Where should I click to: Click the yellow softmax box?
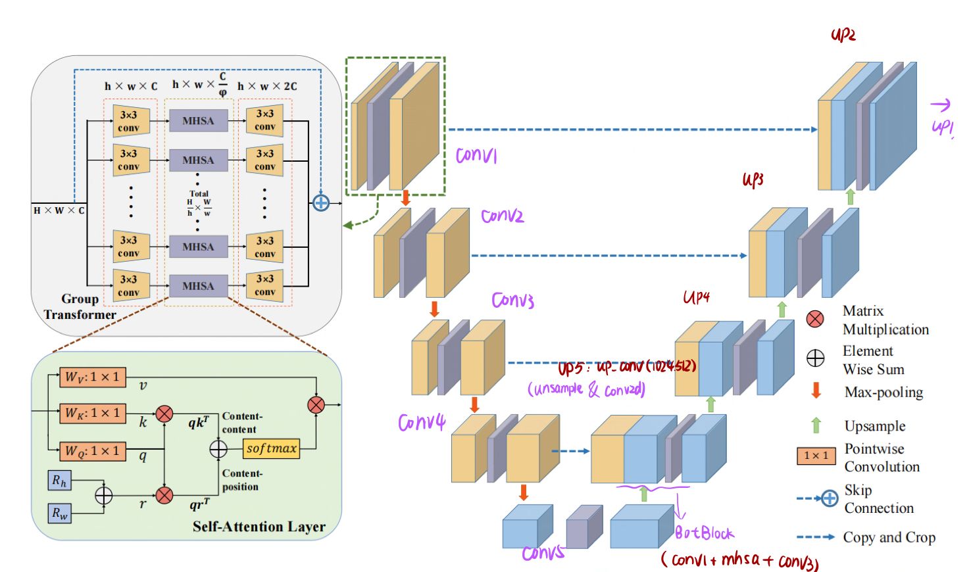(272, 448)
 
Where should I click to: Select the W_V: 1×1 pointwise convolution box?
(92, 377)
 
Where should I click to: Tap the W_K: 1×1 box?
(92, 413)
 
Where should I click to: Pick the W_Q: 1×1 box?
(92, 451)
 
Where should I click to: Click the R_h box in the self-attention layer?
(59, 481)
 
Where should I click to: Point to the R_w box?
(59, 513)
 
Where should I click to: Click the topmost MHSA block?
(198, 121)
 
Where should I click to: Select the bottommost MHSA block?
(198, 286)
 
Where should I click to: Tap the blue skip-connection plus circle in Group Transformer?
(321, 203)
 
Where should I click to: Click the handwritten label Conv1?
(476, 155)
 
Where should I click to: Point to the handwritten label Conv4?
(422, 422)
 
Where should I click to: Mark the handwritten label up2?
(843, 35)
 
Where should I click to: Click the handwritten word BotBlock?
(704, 533)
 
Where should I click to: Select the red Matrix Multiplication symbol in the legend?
(815, 320)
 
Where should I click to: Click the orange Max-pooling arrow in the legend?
(816, 391)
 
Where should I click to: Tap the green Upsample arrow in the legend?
(816, 425)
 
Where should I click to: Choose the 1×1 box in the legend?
(816, 456)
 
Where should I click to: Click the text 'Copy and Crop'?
(889, 537)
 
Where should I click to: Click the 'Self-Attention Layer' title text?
(259, 527)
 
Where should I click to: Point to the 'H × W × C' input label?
(59, 210)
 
